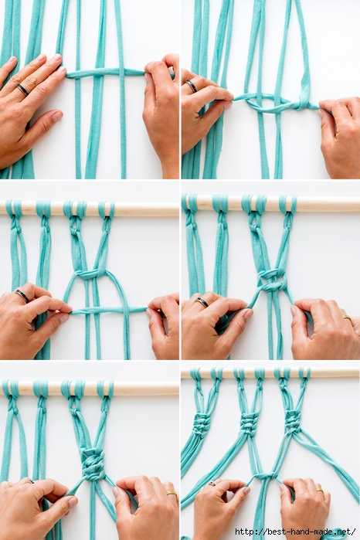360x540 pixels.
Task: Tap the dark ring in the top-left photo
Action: tap(23, 90)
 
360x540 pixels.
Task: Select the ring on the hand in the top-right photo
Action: tap(192, 86)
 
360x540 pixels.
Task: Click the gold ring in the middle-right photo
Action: tap(348, 318)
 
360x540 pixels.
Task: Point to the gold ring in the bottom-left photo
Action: tap(172, 493)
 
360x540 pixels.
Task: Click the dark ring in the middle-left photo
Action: tap(22, 296)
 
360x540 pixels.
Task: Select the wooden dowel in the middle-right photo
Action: tap(271, 204)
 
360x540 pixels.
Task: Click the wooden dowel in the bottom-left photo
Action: tap(90, 389)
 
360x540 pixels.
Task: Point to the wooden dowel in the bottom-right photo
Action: tap(270, 374)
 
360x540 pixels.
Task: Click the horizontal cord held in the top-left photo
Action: tap(105, 73)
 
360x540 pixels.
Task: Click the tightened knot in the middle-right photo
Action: tap(272, 280)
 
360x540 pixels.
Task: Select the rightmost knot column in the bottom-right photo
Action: tap(293, 423)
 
